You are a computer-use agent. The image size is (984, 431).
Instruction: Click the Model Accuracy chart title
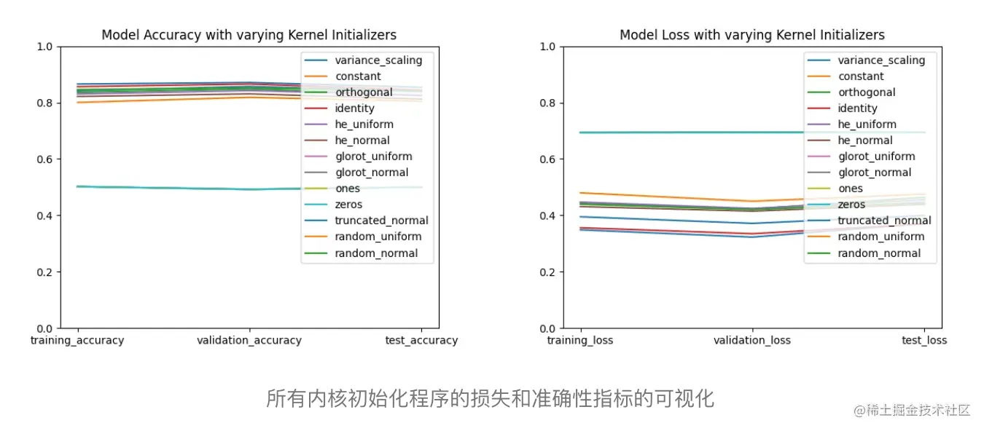249,35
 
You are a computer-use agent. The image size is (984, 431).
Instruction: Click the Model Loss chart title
752,35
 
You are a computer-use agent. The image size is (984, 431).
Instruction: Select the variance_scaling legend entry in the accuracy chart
378,60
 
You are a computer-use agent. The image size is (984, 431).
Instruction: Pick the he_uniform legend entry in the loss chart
867,124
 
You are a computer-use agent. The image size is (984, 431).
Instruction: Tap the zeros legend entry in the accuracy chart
348,205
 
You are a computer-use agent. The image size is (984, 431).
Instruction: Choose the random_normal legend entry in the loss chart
879,253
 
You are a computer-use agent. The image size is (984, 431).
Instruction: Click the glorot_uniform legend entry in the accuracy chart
373,157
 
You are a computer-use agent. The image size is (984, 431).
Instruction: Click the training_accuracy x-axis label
77,340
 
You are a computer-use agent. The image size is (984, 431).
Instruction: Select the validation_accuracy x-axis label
249,340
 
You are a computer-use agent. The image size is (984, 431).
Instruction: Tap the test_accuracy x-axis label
421,340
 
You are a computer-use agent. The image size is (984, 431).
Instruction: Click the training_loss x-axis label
580,340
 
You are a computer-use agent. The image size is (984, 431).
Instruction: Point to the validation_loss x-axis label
752,340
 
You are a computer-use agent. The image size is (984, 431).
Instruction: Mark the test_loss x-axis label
924,340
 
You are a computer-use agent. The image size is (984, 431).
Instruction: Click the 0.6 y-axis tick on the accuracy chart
45,159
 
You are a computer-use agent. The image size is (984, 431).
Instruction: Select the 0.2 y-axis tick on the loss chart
548,272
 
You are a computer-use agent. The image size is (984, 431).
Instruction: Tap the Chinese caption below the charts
490,398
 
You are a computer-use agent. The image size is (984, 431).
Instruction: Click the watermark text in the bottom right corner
912,410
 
